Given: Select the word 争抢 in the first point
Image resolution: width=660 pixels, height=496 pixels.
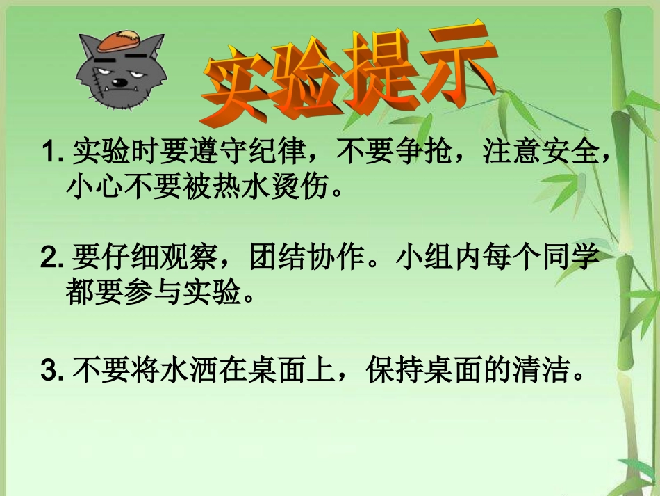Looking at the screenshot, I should [416, 152].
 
